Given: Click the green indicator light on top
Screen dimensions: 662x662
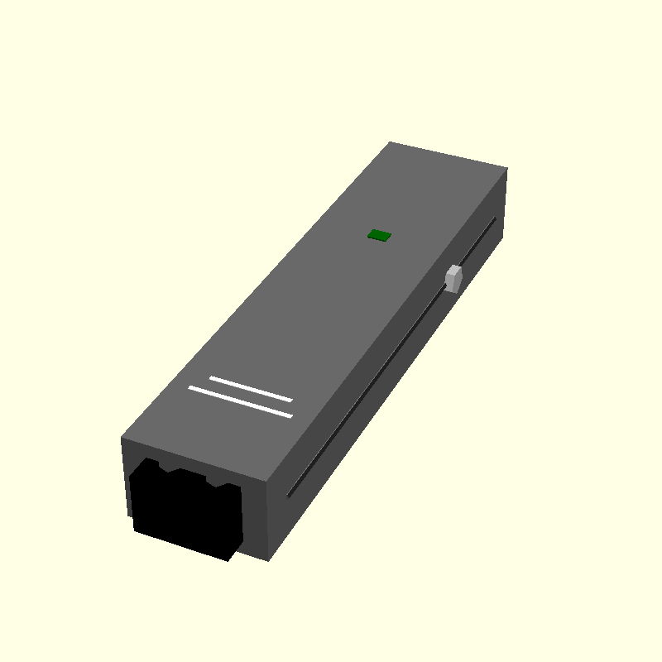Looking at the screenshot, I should (x=380, y=235).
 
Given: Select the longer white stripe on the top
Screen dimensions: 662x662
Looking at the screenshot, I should (x=241, y=402).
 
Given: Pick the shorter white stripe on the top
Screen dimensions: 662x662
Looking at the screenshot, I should (x=251, y=389).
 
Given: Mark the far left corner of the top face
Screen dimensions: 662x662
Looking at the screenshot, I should (x=390, y=142).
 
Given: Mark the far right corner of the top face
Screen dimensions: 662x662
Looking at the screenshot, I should (x=506, y=169).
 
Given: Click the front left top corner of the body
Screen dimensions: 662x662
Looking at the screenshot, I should (x=122, y=438).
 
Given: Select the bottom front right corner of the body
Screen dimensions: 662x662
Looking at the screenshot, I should (x=268, y=560).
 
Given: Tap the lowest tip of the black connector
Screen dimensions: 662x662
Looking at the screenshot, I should (x=229, y=560).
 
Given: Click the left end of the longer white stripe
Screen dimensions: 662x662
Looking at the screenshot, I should (x=191, y=387).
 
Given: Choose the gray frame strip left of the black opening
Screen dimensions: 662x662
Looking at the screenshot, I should (x=126, y=480).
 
